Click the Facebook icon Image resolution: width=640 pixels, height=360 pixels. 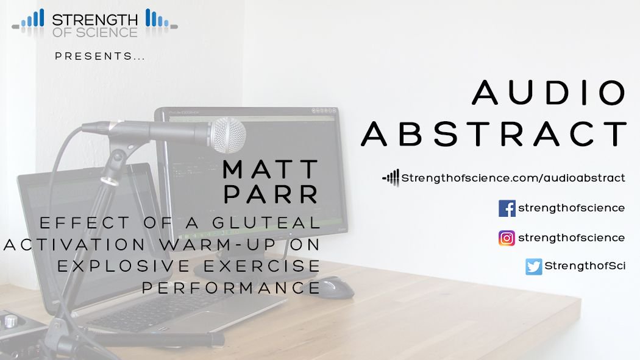tap(507, 208)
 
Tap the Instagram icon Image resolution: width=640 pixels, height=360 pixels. tap(507, 238)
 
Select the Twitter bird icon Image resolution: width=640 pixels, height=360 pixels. tap(533, 267)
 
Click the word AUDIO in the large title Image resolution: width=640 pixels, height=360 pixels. tap(550, 93)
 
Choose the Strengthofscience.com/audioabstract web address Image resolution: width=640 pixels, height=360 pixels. tap(513, 178)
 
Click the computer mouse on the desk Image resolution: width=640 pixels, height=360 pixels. tap(335, 286)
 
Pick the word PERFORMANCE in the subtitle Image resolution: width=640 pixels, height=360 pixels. tap(231, 288)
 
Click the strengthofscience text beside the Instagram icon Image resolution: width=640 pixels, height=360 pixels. tap(571, 238)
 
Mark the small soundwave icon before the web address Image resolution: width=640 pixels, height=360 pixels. tap(390, 178)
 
